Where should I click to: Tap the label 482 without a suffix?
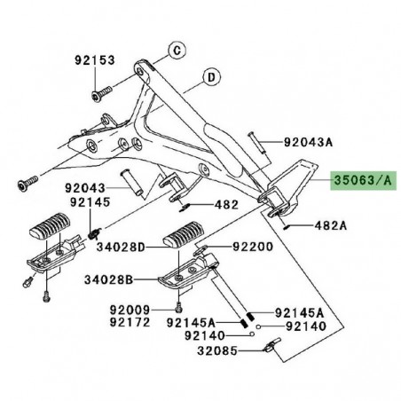tap(226, 203)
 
